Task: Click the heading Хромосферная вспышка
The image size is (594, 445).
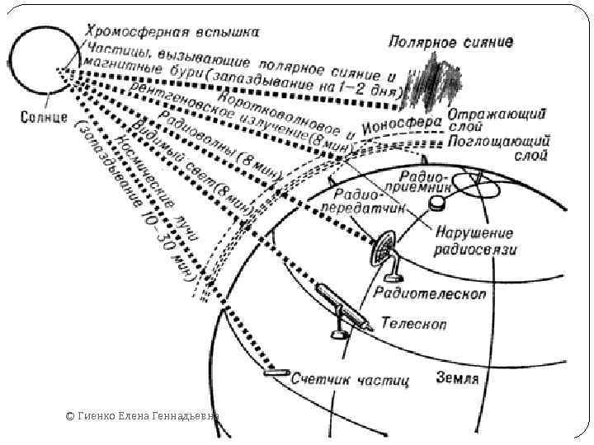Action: pyautogui.click(x=172, y=31)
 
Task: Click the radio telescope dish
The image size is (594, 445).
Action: pyautogui.click(x=384, y=248)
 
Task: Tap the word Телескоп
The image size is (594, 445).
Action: pyautogui.click(x=413, y=323)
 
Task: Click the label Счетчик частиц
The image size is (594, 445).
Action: pyautogui.click(x=351, y=380)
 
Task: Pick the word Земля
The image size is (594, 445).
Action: pyautogui.click(x=456, y=379)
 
